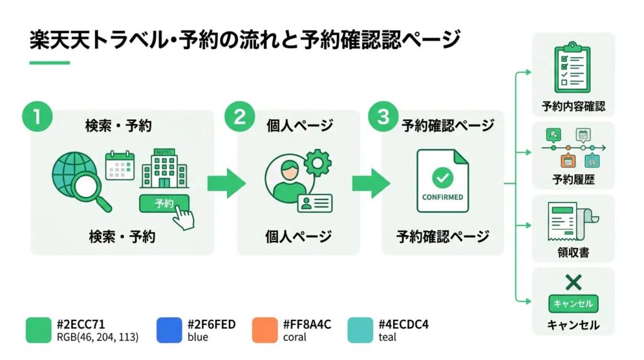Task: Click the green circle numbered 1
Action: (x=37, y=117)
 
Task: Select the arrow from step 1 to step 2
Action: (x=226, y=183)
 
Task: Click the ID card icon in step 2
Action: (x=316, y=202)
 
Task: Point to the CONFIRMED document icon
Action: (x=443, y=181)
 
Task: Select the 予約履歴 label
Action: (x=573, y=180)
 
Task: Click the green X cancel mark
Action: (x=573, y=282)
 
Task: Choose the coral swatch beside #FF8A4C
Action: (x=264, y=330)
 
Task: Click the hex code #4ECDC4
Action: (x=404, y=325)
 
